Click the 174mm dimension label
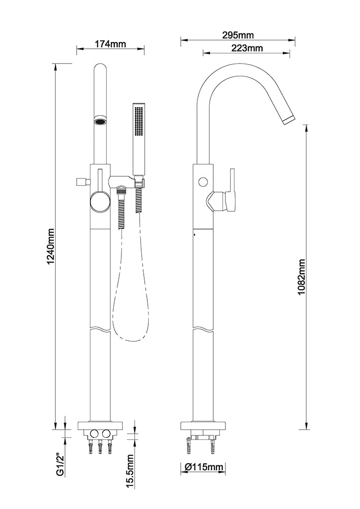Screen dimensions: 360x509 (x=110, y=44)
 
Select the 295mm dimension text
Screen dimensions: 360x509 (x=238, y=35)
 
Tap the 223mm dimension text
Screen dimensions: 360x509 (x=247, y=48)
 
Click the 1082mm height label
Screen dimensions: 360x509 (x=302, y=276)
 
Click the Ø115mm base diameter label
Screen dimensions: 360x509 (x=204, y=467)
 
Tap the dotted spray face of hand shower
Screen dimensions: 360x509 (x=140, y=121)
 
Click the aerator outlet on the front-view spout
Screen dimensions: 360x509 (x=101, y=122)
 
